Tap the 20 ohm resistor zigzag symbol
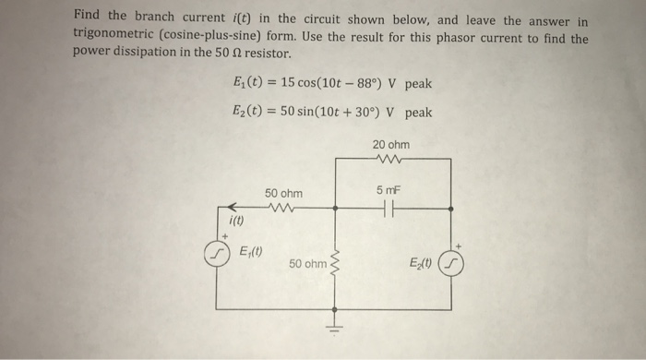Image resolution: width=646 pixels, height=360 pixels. click(x=392, y=159)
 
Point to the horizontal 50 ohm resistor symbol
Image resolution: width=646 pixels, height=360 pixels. click(x=281, y=209)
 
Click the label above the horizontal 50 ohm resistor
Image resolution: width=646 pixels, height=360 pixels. click(x=282, y=193)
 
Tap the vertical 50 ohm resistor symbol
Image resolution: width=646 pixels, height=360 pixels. click(x=336, y=264)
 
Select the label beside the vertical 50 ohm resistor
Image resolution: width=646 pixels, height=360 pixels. click(x=306, y=264)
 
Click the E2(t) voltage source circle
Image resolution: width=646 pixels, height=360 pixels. click(x=450, y=264)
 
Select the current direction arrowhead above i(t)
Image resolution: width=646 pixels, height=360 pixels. click(x=233, y=208)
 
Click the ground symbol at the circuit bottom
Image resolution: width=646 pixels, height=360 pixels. click(x=336, y=328)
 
